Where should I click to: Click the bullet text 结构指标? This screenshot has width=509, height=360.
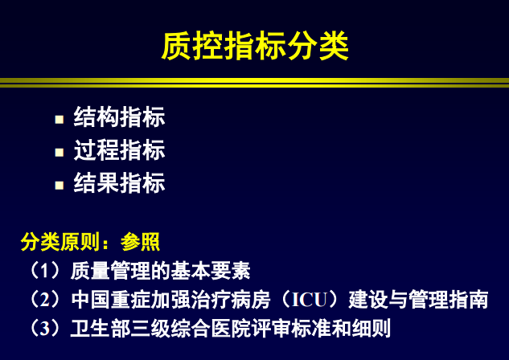click(x=119, y=117)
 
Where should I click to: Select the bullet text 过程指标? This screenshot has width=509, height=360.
click(x=119, y=150)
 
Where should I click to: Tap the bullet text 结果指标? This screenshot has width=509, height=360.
click(x=119, y=183)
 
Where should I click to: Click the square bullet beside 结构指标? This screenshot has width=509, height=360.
click(x=59, y=119)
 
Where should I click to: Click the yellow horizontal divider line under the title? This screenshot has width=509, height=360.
click(x=254, y=82)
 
